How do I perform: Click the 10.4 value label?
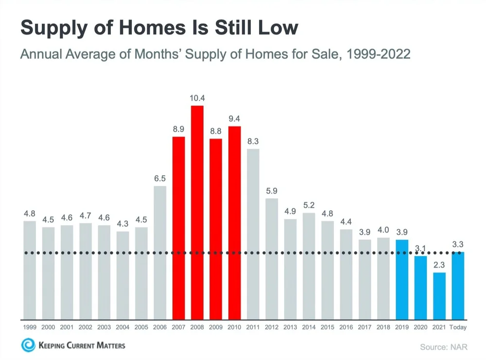coord(197,98)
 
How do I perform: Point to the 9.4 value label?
coord(234,119)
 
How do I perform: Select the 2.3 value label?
coord(439,265)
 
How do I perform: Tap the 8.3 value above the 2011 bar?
coord(253,141)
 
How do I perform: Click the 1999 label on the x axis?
coord(30,327)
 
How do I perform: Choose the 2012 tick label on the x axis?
coord(271,327)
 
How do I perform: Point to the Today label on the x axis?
coord(458,327)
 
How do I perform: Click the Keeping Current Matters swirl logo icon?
coord(28,346)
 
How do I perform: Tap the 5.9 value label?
coord(271,191)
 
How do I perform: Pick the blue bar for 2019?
coord(402,279)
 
